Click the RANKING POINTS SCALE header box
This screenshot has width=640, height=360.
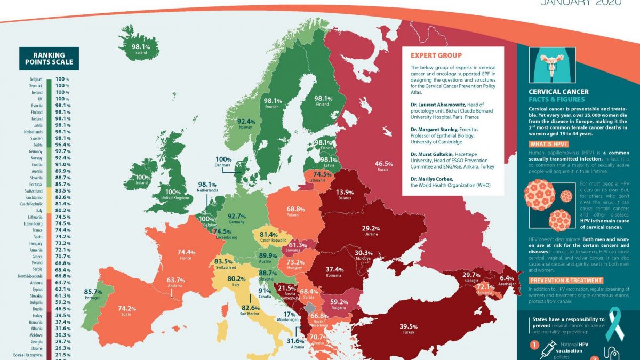[49, 59]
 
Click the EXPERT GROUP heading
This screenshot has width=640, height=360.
[436, 55]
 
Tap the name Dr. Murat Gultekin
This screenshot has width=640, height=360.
[433, 154]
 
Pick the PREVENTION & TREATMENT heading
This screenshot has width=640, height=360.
[566, 280]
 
